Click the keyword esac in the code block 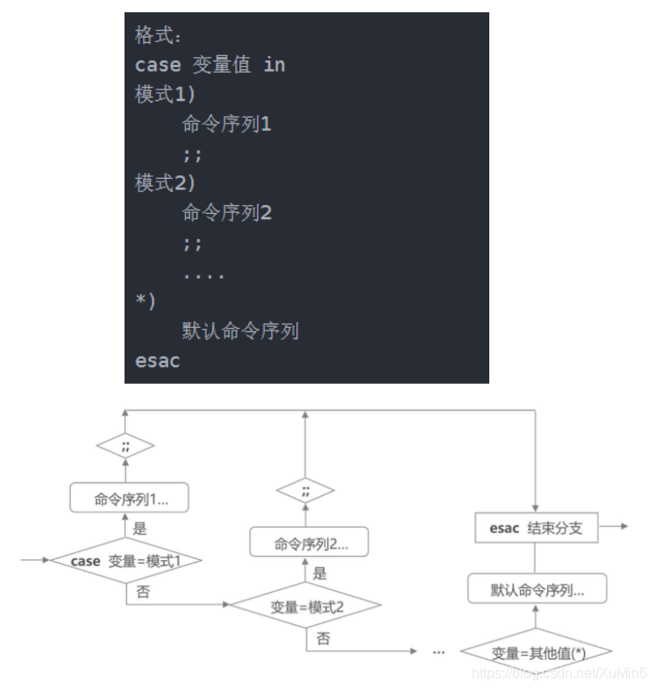click(157, 361)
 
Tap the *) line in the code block click(145, 302)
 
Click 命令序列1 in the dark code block click(227, 124)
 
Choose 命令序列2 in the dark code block click(227, 213)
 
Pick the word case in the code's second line click(157, 65)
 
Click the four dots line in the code click(203, 273)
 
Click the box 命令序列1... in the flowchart click(131, 501)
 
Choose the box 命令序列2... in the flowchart click(308, 544)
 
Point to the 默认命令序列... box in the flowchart click(538, 591)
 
